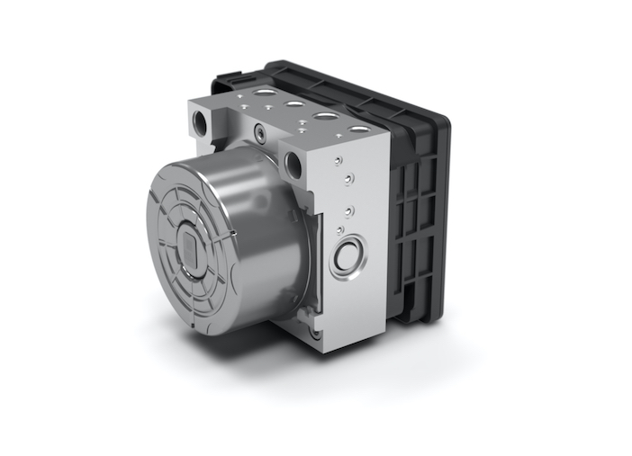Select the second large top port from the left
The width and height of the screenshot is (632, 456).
coord(294,104)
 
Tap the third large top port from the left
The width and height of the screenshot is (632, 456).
coord(325,117)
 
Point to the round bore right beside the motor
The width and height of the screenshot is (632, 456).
coord(293,164)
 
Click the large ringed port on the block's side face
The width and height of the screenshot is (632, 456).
coord(348,258)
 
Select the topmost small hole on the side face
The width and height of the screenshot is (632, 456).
coord(339,160)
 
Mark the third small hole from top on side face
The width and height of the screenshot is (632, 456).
coord(348,211)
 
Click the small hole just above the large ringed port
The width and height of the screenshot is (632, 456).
coord(350,230)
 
